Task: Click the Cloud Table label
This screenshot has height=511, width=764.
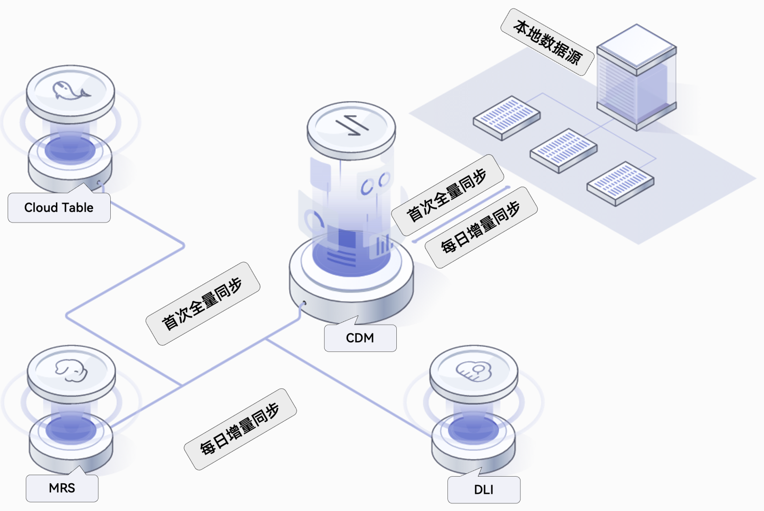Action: click(59, 208)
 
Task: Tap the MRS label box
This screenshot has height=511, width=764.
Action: click(62, 488)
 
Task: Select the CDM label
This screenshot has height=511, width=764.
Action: click(360, 338)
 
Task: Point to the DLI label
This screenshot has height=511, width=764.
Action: click(484, 490)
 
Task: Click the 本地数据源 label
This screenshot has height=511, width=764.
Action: click(547, 42)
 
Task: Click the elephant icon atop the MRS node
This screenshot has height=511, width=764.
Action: click(71, 371)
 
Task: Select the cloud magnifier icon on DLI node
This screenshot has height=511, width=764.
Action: click(474, 371)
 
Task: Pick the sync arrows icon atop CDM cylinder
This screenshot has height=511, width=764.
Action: click(352, 125)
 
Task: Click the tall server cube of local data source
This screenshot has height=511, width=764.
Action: click(637, 76)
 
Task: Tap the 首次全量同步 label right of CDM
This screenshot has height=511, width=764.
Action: click(447, 195)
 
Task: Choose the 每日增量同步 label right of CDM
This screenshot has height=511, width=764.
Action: click(481, 227)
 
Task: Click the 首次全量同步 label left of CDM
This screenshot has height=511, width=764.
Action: click(202, 303)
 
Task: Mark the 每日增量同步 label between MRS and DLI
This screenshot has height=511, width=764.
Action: click(240, 429)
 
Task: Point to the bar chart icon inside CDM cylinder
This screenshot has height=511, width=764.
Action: click(382, 245)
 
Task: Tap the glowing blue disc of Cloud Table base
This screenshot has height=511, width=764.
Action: click(70, 149)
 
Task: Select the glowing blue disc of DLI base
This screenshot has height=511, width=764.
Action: click(474, 428)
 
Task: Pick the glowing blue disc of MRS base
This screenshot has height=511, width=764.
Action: click(71, 428)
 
